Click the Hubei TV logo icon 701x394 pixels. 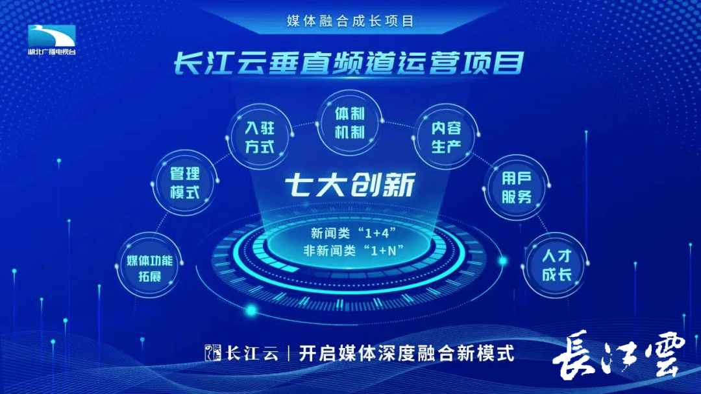(51, 36)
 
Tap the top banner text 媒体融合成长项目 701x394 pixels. (350, 21)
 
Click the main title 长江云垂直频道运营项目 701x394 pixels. (349, 63)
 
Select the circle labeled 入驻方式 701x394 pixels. (260, 137)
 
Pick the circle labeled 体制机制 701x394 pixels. (350, 122)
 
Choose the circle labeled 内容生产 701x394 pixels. (446, 137)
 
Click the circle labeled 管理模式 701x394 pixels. (184, 183)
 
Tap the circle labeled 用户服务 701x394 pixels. (517, 187)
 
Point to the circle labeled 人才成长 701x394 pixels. (556, 265)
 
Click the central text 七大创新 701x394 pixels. (350, 185)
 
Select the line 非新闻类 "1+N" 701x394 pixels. (353, 250)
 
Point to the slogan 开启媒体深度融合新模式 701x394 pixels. (406, 353)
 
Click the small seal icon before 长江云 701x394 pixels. (213, 353)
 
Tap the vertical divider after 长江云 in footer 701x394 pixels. (289, 353)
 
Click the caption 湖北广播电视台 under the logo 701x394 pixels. (52, 52)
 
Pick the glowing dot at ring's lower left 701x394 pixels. (251, 310)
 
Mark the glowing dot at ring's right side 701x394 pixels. (503, 261)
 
